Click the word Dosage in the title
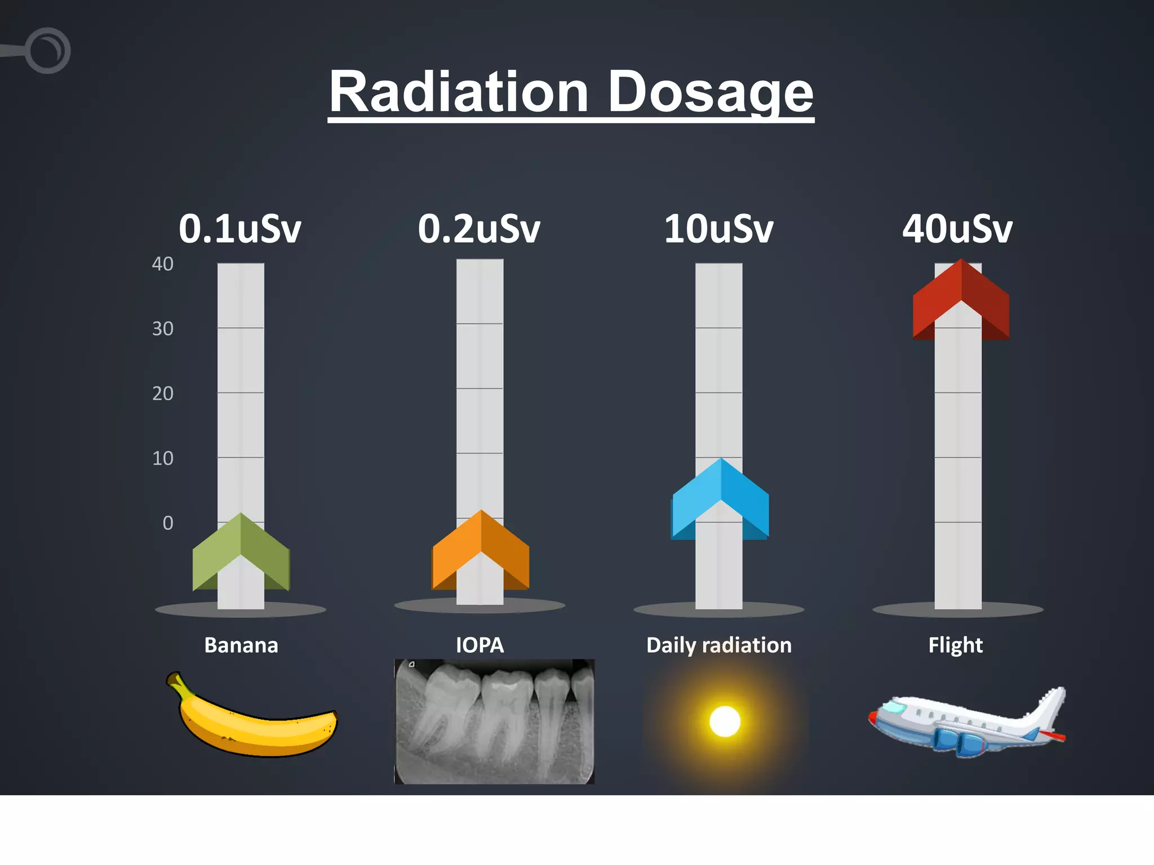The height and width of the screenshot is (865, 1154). [x=711, y=92]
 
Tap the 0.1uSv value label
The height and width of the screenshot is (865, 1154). [x=240, y=229]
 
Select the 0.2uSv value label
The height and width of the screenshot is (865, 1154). [x=479, y=229]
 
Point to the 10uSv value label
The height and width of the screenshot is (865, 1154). [x=718, y=229]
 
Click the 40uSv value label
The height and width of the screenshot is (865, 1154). [x=957, y=229]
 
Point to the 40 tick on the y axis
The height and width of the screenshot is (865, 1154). [x=163, y=264]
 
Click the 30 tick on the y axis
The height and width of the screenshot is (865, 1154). [x=163, y=328]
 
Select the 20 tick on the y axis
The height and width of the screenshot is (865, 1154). [x=163, y=393]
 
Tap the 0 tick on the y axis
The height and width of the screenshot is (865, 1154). [x=168, y=523]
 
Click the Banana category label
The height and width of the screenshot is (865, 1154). [x=241, y=645]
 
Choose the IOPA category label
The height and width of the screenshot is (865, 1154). [x=480, y=645]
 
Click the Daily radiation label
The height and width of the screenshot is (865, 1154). [x=718, y=645]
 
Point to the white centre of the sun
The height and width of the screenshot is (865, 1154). [x=725, y=721]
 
